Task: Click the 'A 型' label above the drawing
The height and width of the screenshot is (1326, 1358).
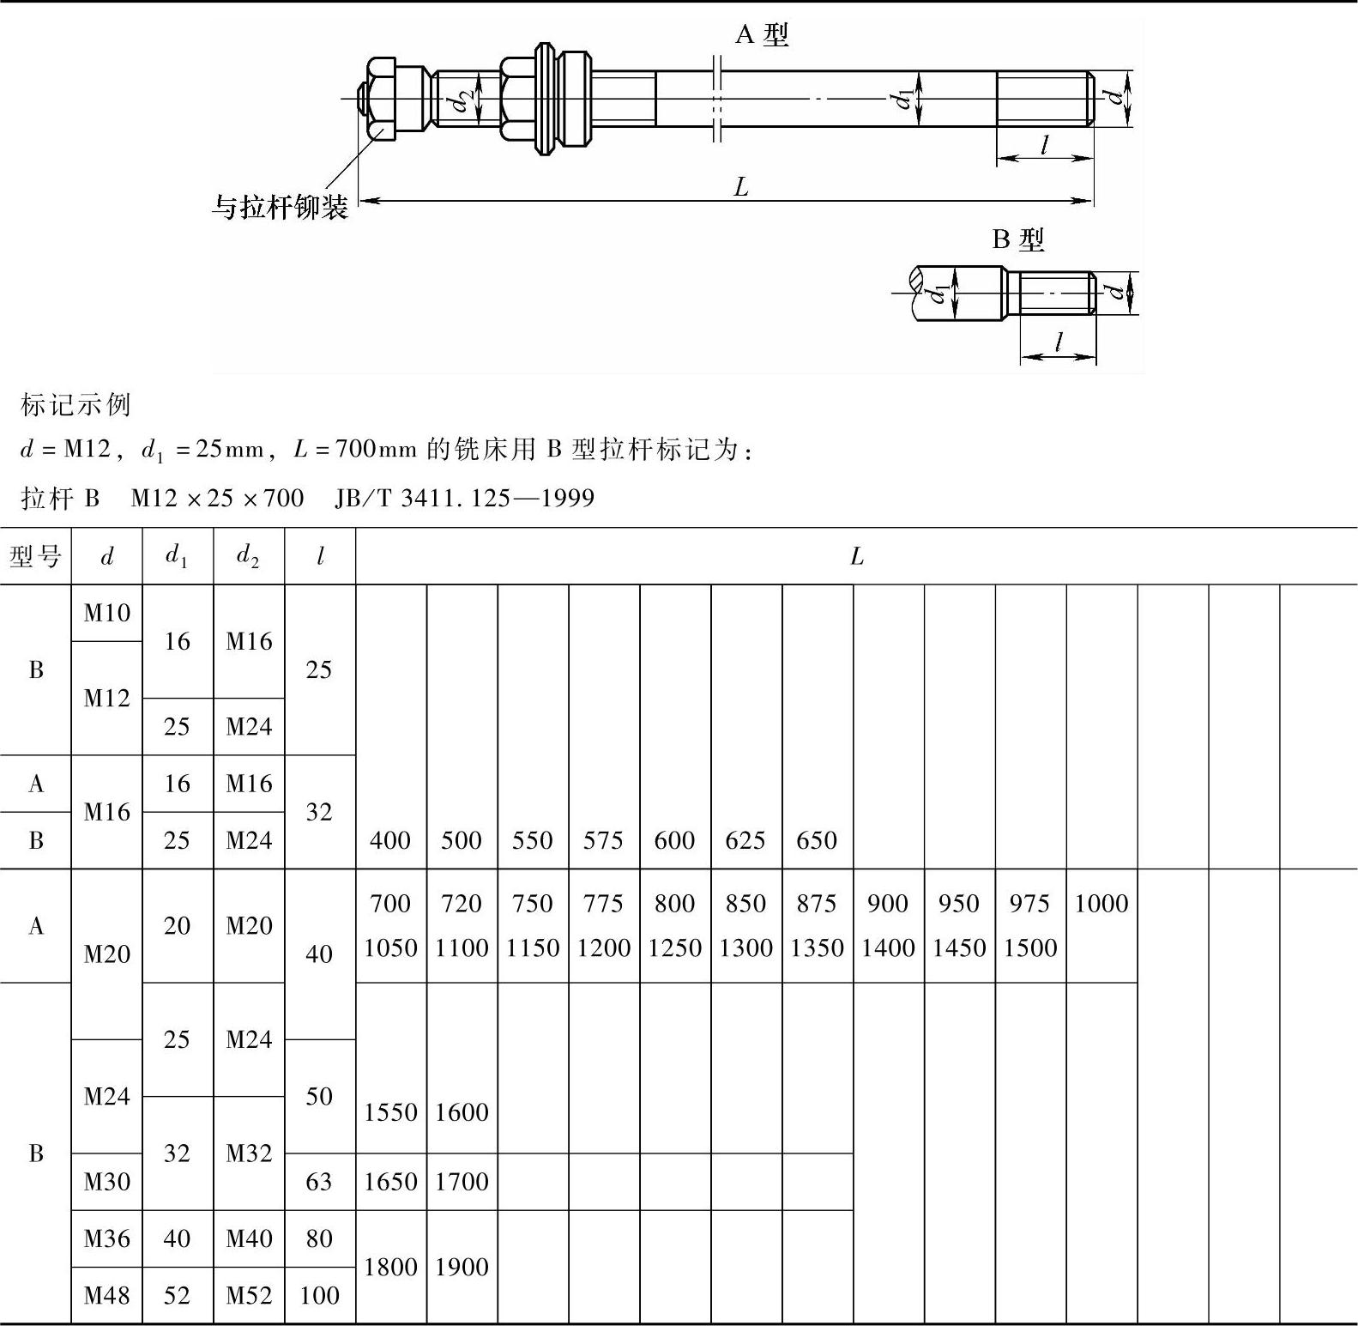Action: tap(761, 35)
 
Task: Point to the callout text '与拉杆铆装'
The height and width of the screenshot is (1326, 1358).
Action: tap(280, 207)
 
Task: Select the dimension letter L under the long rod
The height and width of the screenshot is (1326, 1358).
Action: tap(741, 186)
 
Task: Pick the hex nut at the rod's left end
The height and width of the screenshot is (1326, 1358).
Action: tap(380, 99)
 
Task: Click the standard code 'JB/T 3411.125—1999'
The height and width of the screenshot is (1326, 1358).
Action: tap(464, 498)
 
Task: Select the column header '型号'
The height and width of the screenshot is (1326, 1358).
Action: tap(35, 557)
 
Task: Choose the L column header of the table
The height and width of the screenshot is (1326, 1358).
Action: tap(856, 557)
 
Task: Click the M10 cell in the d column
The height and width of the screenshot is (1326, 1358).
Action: tap(107, 613)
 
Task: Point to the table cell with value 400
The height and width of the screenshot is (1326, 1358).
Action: tap(390, 840)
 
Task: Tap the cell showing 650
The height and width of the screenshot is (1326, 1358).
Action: tap(817, 840)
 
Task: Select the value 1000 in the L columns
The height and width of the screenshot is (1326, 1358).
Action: tap(1101, 903)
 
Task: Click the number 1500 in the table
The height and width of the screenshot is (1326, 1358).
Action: tap(1030, 948)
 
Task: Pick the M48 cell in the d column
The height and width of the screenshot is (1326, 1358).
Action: tap(107, 1295)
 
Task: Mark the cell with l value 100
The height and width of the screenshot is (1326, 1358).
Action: tap(319, 1295)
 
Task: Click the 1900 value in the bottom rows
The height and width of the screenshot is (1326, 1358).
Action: tap(462, 1267)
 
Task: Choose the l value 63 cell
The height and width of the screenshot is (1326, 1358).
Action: tap(319, 1182)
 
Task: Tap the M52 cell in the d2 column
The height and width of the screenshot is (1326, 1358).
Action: tap(249, 1295)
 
